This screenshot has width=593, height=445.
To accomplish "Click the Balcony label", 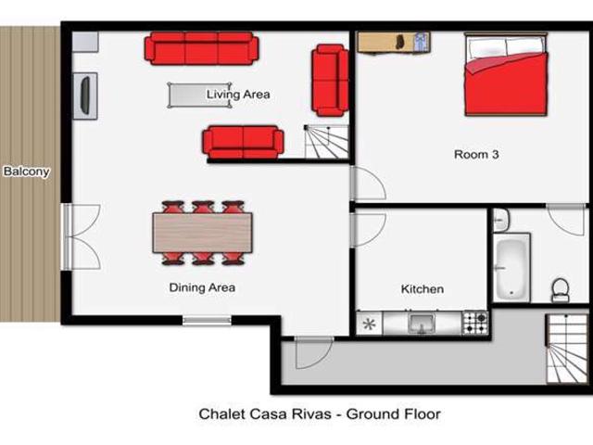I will click(x=26, y=172).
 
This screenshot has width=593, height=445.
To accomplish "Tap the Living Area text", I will click(x=238, y=95).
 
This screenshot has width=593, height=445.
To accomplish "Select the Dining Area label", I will click(x=202, y=287).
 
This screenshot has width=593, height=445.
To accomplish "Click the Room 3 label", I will click(x=476, y=155).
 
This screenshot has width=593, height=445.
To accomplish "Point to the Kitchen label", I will click(x=422, y=289).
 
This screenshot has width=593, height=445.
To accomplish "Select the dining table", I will click(x=202, y=233).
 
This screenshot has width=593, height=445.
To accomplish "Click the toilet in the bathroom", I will click(x=561, y=290).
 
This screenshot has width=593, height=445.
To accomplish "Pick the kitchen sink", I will click(x=422, y=324).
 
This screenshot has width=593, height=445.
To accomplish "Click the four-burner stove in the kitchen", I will click(x=475, y=323).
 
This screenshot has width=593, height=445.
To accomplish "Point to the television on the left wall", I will click(x=86, y=95).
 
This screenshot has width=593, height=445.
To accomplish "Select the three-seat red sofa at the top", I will click(x=201, y=48).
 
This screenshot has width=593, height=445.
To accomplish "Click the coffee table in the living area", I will click(x=199, y=95).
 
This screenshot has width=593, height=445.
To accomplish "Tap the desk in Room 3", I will click(x=394, y=43).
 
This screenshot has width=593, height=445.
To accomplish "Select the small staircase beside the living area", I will click(x=326, y=141).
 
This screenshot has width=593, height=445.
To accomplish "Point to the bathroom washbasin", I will click(x=500, y=221).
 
